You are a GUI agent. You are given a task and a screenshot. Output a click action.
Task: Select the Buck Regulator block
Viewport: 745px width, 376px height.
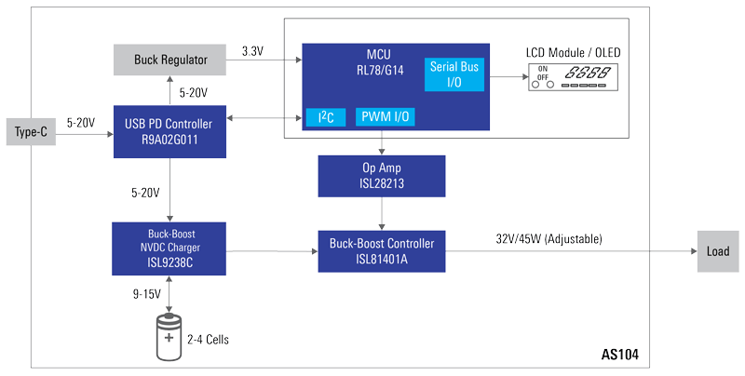tap(170, 60)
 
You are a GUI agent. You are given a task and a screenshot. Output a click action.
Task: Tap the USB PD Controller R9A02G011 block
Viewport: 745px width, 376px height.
tap(169, 131)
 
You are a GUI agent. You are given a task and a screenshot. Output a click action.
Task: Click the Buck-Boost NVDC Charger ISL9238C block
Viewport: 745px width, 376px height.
tap(169, 248)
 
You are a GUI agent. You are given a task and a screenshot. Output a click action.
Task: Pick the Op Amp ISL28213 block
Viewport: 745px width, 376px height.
tap(382, 177)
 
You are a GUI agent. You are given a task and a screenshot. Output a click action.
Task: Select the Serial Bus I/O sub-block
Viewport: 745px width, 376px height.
tap(455, 74)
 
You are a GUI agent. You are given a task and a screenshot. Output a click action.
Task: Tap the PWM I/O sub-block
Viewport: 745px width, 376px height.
tap(385, 117)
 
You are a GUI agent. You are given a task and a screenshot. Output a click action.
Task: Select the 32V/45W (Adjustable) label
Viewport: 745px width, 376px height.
tap(549, 239)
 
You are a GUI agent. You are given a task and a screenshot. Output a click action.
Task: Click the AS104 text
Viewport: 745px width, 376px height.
tap(619, 356)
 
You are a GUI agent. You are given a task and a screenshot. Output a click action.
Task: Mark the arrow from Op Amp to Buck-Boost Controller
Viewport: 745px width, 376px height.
tap(382, 213)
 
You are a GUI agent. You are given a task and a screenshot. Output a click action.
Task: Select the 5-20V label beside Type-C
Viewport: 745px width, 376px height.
tap(85, 122)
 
